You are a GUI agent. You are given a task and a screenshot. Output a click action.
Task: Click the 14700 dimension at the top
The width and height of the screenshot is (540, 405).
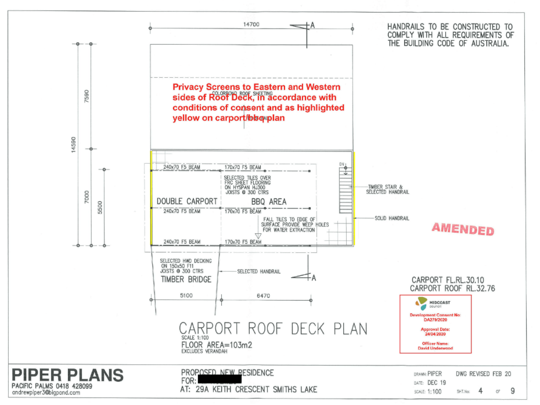251,24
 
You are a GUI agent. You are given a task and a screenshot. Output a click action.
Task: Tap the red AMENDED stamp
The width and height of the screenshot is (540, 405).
463,229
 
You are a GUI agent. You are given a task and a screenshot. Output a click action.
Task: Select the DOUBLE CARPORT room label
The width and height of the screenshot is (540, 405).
187,202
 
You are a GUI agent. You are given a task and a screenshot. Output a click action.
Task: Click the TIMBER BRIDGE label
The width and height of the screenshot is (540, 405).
186,279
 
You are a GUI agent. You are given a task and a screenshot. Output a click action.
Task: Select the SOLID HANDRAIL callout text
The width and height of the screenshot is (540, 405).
392,218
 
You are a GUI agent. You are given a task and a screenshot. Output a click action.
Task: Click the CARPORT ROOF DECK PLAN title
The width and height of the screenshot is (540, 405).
273,328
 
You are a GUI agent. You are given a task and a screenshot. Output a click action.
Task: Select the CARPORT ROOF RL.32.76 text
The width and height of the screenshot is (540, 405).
454,288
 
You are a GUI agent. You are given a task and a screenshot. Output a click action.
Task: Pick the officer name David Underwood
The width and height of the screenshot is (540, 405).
435,349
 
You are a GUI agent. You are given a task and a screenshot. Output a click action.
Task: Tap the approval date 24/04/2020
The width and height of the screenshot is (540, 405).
435,334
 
